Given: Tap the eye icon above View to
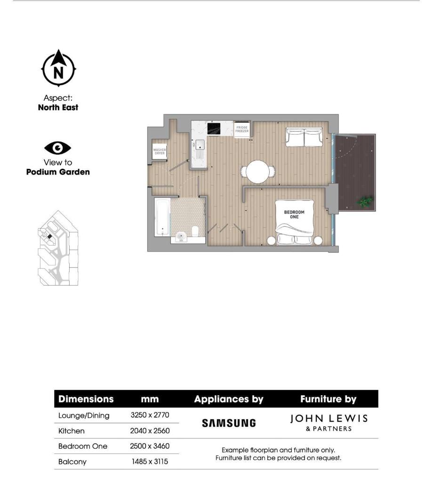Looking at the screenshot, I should (x=57, y=148).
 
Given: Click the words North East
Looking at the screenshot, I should (x=58, y=107).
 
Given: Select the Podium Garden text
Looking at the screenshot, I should (x=58, y=172).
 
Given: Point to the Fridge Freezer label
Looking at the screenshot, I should (x=242, y=129).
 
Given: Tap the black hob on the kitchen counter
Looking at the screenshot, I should (x=214, y=128).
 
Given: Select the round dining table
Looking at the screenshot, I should (x=257, y=172).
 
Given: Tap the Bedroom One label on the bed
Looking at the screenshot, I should (x=294, y=214).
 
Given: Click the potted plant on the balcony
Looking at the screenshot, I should (x=364, y=203).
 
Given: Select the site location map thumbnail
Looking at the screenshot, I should (x=58, y=248).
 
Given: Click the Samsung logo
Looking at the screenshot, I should (x=229, y=423).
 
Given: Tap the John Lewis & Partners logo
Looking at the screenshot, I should (x=329, y=422).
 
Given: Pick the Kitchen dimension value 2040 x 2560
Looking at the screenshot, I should (x=150, y=430).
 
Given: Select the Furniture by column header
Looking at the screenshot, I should (x=328, y=399).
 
